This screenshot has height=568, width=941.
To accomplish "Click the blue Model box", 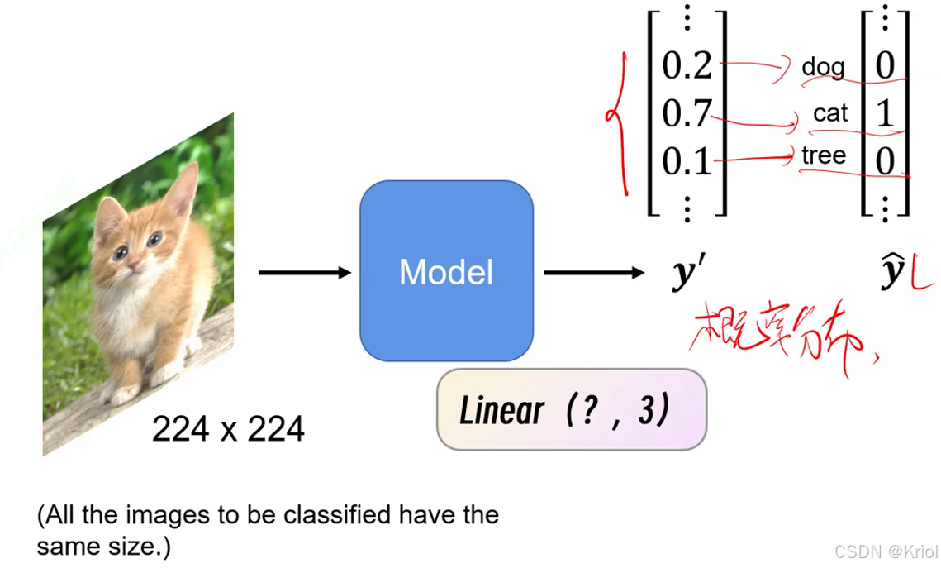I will pyautogui.click(x=446, y=271).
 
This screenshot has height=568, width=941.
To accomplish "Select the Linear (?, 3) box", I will pyautogui.click(x=571, y=409).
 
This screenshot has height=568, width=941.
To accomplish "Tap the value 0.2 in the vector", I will pyautogui.click(x=687, y=64).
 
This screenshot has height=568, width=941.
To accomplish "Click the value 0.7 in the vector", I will pyautogui.click(x=686, y=113).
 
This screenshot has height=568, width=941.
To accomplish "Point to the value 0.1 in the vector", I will pyautogui.click(x=687, y=161).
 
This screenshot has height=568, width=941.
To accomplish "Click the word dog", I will pyautogui.click(x=823, y=66).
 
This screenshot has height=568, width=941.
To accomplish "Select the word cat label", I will pyautogui.click(x=830, y=113).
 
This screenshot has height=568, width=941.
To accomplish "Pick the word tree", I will pyautogui.click(x=824, y=155).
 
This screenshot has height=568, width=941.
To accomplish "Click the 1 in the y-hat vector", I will pyautogui.click(x=885, y=113).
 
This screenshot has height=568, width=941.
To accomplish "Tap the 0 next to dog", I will pyautogui.click(x=885, y=65).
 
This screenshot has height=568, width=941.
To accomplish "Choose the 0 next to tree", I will pyautogui.click(x=885, y=161).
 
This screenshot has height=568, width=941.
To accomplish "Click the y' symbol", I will pyautogui.click(x=685, y=274).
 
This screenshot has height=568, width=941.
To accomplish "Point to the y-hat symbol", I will pyautogui.click(x=893, y=272).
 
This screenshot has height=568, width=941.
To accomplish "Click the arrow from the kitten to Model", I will pyautogui.click(x=304, y=273).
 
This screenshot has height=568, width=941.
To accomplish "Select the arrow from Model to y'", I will pyautogui.click(x=593, y=273).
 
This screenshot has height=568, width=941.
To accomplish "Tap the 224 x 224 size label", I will pyautogui.click(x=228, y=428).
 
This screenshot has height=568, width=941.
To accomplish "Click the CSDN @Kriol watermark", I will pyautogui.click(x=885, y=551).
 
